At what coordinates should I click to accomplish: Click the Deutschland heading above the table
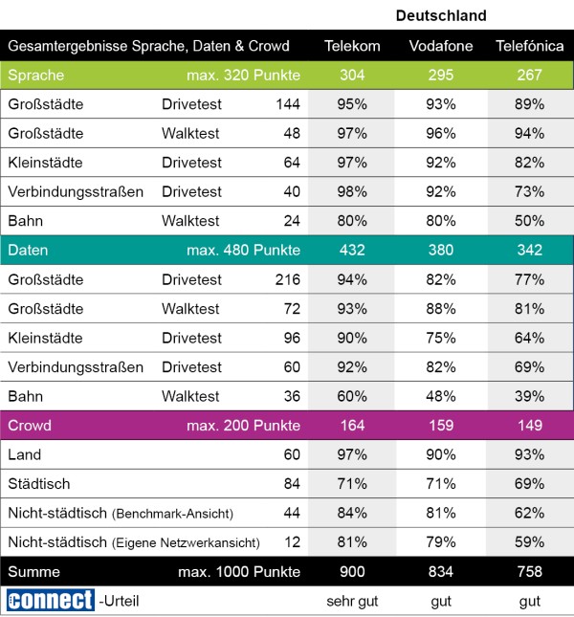[x=441, y=15]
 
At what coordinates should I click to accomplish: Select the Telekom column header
[x=352, y=46]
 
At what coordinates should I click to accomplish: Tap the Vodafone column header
[x=441, y=46]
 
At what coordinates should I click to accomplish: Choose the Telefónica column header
[x=529, y=46]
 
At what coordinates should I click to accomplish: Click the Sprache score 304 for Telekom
[x=352, y=76]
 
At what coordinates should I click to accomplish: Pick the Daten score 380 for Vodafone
[x=441, y=251]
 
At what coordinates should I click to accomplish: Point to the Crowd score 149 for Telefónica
[x=529, y=426]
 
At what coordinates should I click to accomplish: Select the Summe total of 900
[x=352, y=572]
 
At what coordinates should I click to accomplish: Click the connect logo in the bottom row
[x=49, y=601]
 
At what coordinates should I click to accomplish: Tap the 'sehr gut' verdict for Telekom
[x=352, y=601]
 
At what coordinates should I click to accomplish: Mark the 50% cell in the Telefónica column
[x=529, y=221]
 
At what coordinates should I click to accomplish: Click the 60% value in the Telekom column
[x=352, y=396]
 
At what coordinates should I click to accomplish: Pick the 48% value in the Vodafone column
[x=441, y=396]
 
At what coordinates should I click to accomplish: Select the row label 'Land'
[x=24, y=454]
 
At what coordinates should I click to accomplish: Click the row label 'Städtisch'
[x=38, y=484]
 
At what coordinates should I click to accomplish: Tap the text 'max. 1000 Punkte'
[x=239, y=572]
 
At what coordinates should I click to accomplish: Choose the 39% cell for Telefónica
[x=529, y=396]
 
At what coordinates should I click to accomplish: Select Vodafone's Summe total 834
[x=441, y=572]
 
